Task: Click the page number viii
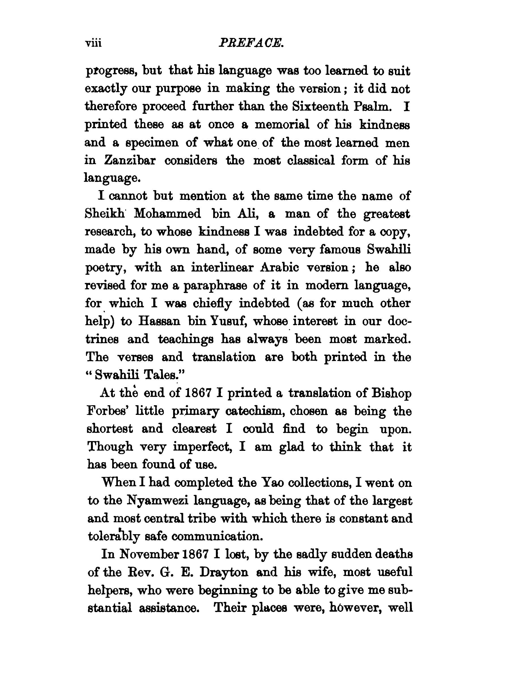click(93, 44)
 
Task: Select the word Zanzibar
click(130, 160)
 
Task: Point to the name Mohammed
click(167, 214)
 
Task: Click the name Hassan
click(159, 321)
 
